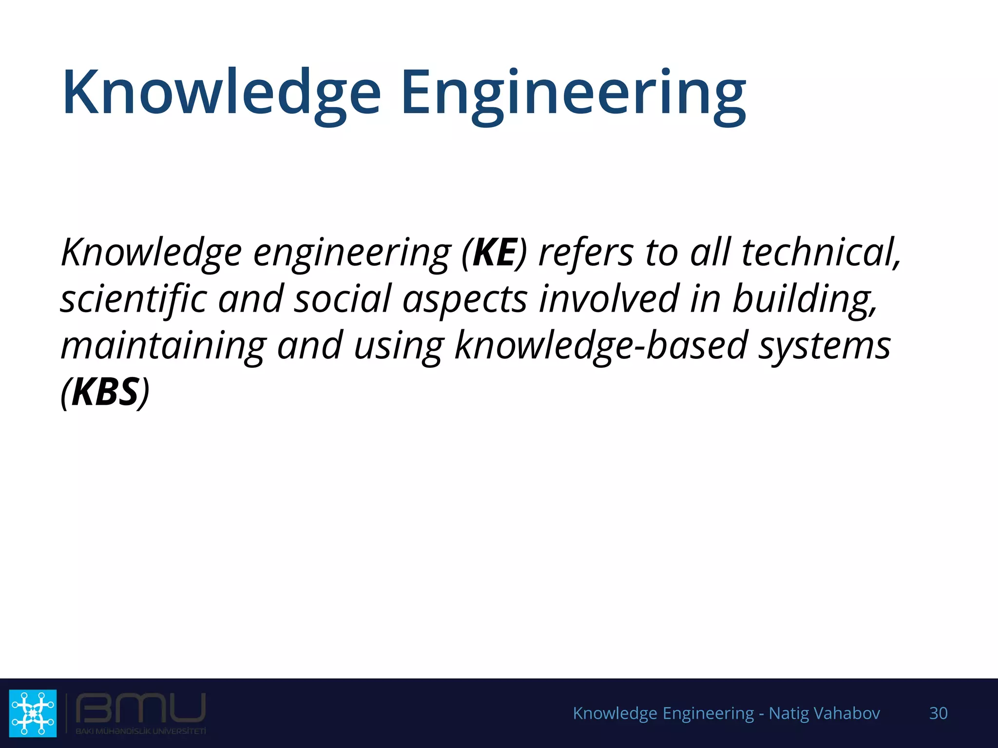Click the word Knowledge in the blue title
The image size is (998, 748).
pos(222,93)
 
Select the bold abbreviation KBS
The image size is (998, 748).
pos(105,392)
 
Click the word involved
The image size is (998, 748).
pos(609,299)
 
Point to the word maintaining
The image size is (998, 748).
pos(163,346)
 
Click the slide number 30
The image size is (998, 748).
pos(938,713)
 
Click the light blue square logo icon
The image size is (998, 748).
pos(33,713)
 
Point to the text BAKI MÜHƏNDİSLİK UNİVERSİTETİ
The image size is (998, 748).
pos(140,731)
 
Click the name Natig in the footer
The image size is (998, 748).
pos(786,713)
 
